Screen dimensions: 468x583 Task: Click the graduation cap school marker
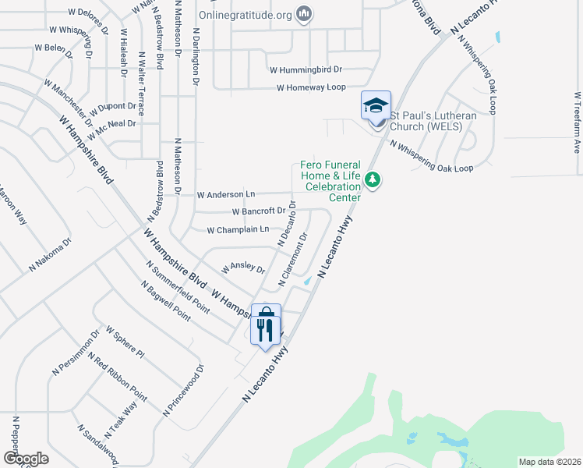[376, 105]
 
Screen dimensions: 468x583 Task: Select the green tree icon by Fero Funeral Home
[374, 180]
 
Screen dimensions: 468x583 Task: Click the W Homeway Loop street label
[311, 87]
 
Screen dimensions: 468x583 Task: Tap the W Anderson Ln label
[226, 194]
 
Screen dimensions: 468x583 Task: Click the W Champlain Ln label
[238, 229]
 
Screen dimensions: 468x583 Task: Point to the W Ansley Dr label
[243, 268]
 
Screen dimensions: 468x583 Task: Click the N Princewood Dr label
[184, 389]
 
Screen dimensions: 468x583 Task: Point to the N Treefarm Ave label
[578, 124]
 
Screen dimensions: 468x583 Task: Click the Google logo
[26, 459]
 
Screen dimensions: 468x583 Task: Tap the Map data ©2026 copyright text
[549, 462]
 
